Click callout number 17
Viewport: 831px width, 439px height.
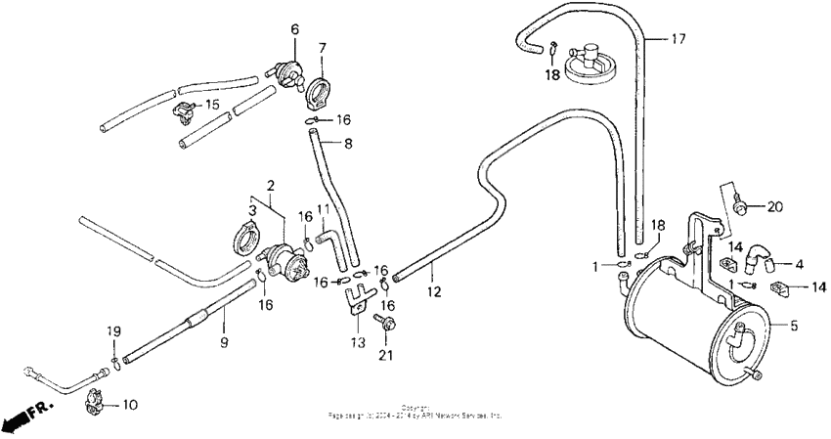coord(678,39)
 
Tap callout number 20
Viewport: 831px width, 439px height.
coord(775,206)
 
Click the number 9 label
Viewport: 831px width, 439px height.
coord(224,342)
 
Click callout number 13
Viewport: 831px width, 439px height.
coord(357,342)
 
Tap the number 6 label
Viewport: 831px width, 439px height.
coord(292,28)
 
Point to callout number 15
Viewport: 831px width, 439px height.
coord(212,105)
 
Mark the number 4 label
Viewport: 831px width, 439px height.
coord(799,263)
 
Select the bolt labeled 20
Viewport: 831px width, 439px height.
coord(741,206)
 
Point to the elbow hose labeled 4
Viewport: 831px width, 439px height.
coord(754,257)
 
